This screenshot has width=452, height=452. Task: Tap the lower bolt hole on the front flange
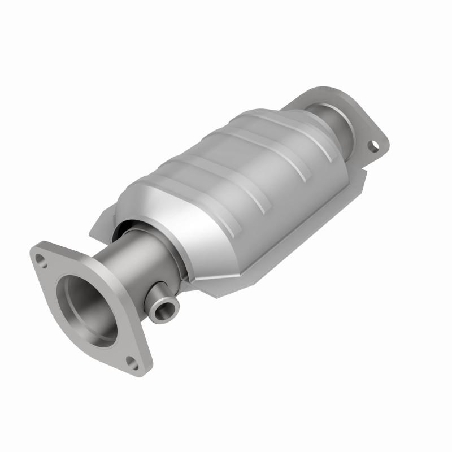coord(132,363)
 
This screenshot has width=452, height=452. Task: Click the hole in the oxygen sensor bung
coord(166,309)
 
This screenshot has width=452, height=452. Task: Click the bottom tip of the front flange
coord(138,370)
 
